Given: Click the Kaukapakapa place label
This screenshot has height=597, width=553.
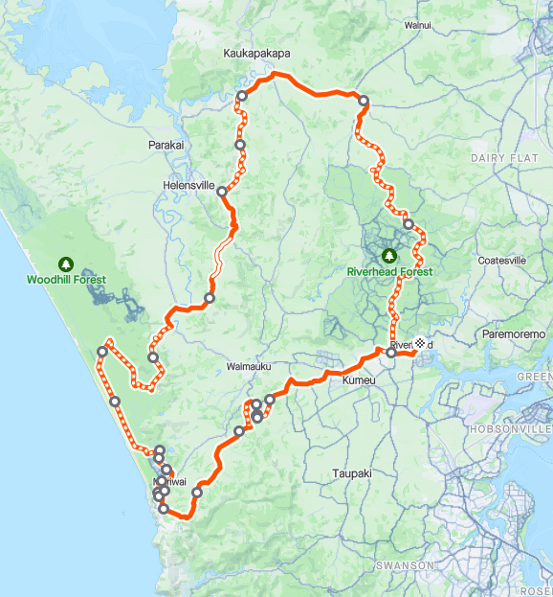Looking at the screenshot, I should tap(255, 54).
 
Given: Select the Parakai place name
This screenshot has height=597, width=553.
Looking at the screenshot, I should tap(166, 145).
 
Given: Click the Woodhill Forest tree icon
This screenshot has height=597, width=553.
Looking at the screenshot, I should tap(66, 263).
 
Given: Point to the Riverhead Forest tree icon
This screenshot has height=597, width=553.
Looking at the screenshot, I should tap(389, 256).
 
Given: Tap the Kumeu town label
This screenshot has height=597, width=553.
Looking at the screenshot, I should tap(359, 380).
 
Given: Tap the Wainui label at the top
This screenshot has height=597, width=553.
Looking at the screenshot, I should tap(418, 25).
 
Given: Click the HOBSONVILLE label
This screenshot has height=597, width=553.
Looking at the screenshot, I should tap(511, 429).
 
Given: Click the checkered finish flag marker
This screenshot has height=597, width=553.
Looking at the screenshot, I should tap(419, 343).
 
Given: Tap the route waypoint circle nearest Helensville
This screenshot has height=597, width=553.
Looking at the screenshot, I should tap(222, 192).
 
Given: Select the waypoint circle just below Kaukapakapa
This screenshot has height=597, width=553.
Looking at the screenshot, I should tap(242, 96).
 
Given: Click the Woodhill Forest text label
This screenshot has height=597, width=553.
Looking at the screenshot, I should tap(66, 280).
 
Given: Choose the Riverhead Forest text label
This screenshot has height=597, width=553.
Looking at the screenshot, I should tap(389, 272).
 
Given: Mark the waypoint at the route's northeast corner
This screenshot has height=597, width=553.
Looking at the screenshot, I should tap(364, 100).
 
